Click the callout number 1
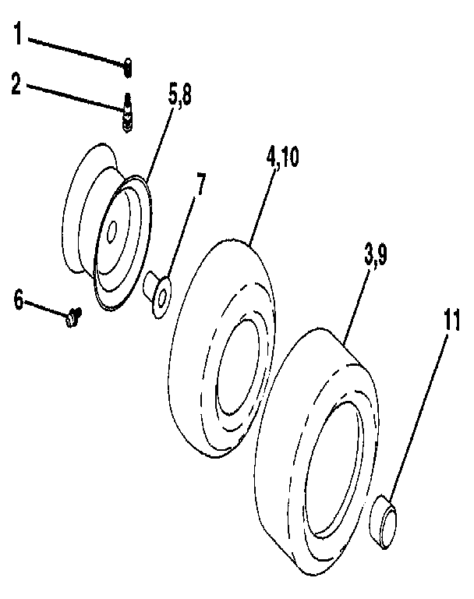pyautogui.click(x=18, y=35)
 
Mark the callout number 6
pyautogui.click(x=18, y=299)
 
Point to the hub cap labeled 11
pyautogui.click(x=385, y=523)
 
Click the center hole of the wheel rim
pyautogui.click(x=112, y=229)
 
